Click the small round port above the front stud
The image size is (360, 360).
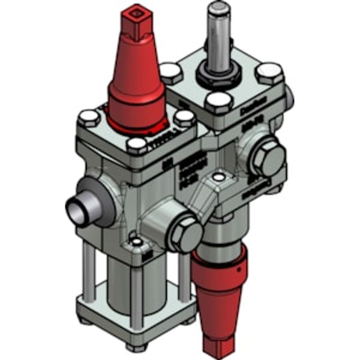pyautogui.click(x=137, y=242)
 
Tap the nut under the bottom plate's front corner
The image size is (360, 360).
pyautogui.click(x=136, y=347)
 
